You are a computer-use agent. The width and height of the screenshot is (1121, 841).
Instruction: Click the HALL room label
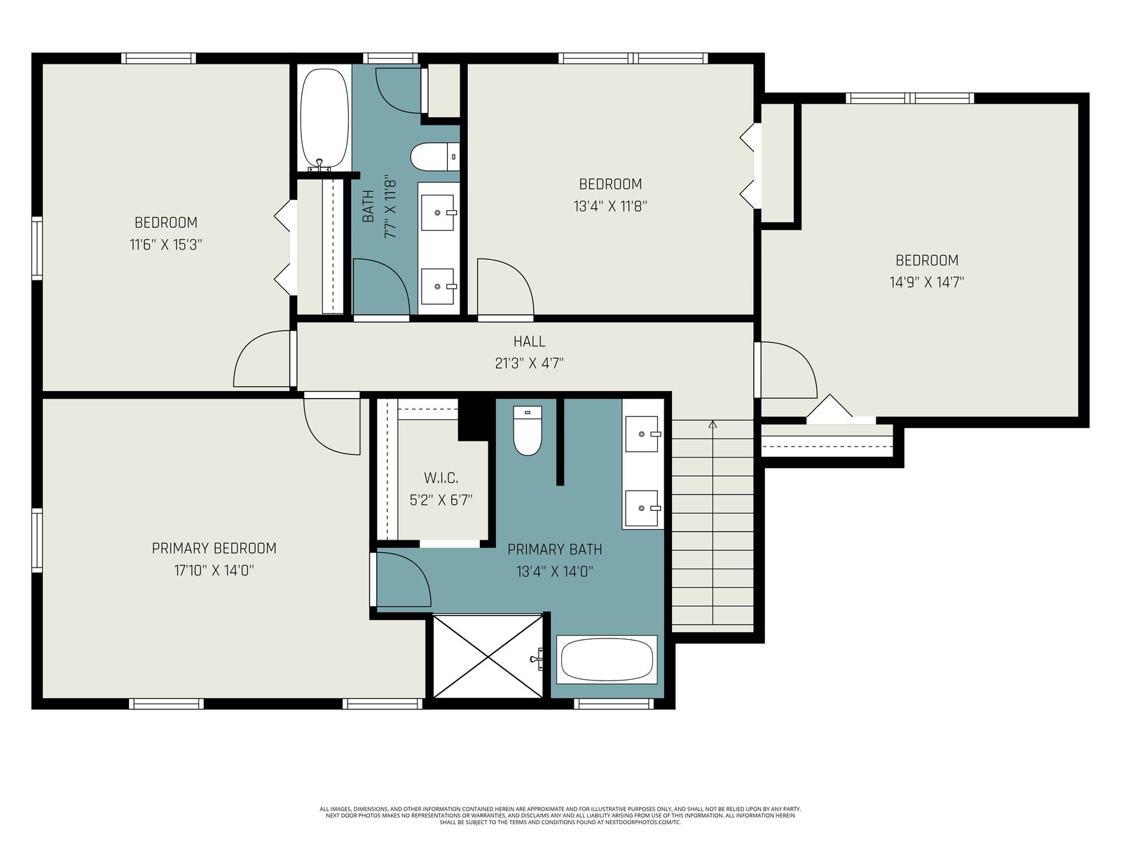pyautogui.click(x=529, y=341)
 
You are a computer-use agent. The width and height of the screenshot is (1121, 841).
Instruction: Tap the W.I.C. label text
pyautogui.click(x=441, y=478)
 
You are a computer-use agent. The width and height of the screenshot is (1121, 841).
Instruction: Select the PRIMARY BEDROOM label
pyautogui.click(x=214, y=549)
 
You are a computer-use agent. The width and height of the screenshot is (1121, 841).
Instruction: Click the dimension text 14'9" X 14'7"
pyautogui.click(x=927, y=282)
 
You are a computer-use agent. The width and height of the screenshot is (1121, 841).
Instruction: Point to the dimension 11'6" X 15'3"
pyautogui.click(x=166, y=245)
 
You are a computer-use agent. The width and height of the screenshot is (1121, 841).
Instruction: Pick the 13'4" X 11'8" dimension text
pyautogui.click(x=610, y=206)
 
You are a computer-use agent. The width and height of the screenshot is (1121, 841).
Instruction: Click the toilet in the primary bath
pyautogui.click(x=528, y=430)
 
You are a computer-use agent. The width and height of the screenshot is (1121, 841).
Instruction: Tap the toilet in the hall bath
pyautogui.click(x=435, y=157)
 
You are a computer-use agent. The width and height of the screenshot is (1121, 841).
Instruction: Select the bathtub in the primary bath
pyautogui.click(x=607, y=659)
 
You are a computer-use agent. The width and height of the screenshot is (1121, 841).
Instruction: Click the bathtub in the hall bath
pyautogui.click(x=324, y=119)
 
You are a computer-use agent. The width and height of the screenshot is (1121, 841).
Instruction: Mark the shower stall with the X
pyautogui.click(x=488, y=656)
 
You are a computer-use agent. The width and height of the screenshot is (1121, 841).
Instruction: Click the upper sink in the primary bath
pyautogui.click(x=642, y=434)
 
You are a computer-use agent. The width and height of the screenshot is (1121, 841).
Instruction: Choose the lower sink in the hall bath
pyautogui.click(x=438, y=287)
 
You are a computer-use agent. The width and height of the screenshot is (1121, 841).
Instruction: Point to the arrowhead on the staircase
pyautogui.click(x=713, y=424)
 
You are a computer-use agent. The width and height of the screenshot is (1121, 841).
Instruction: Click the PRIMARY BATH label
pyautogui.click(x=555, y=549)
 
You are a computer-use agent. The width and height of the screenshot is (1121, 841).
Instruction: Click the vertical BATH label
pyautogui.click(x=368, y=206)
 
